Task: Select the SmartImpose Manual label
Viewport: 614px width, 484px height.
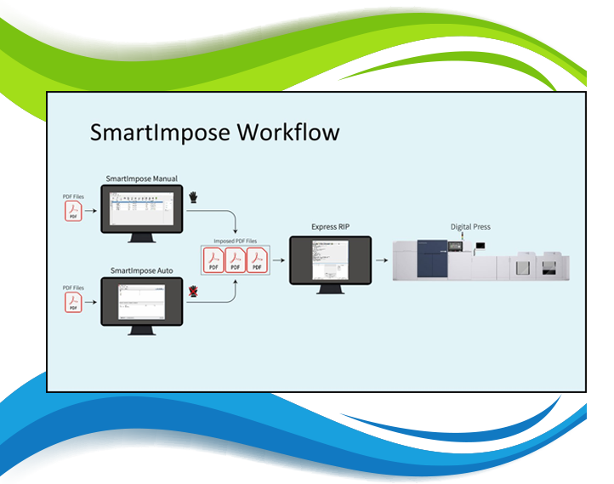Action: tap(141, 179)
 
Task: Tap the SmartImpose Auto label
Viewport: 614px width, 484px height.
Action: tap(141, 270)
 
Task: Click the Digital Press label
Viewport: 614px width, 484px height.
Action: tap(470, 227)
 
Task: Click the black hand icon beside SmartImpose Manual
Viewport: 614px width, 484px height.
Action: tap(194, 197)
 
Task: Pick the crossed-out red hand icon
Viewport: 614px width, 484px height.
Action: tap(194, 292)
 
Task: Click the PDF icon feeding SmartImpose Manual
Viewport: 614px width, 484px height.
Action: tap(74, 212)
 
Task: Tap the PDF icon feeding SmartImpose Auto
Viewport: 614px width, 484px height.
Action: tap(74, 303)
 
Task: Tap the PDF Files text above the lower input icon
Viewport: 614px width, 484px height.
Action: tap(74, 288)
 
